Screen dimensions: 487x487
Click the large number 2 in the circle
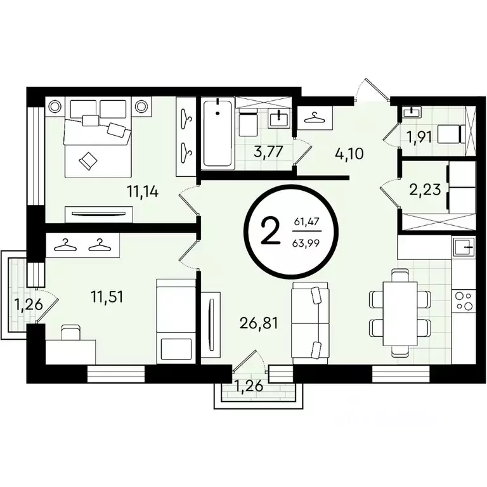pyautogui.click(x=270, y=232)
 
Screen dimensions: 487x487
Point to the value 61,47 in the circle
pyautogui.click(x=307, y=222)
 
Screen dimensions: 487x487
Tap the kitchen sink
pyautogui.click(x=464, y=246)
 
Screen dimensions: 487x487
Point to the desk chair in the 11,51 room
pyautogui.click(x=70, y=331)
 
